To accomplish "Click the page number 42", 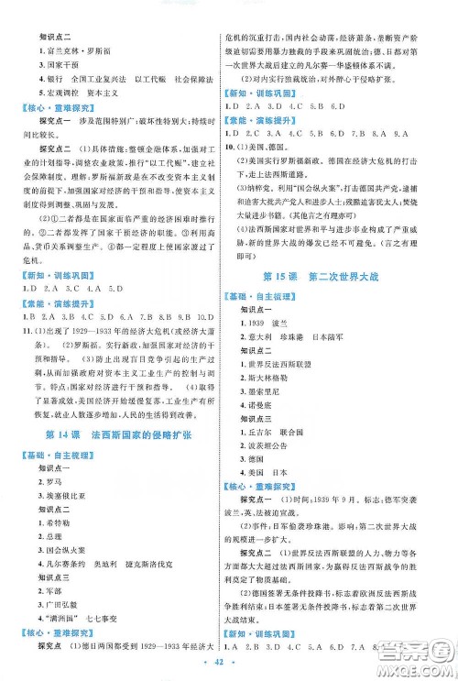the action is tap(229, 662).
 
